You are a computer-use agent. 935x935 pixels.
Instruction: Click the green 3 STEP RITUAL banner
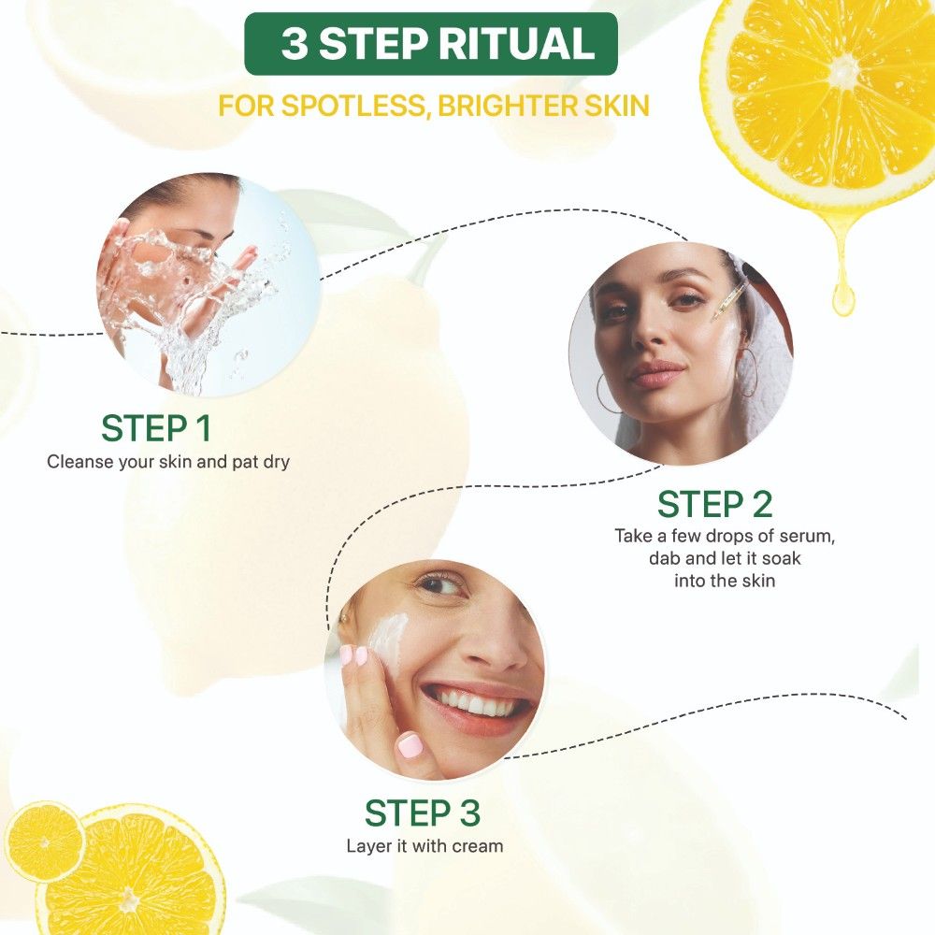[430, 44]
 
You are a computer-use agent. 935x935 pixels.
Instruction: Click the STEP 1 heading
[156, 428]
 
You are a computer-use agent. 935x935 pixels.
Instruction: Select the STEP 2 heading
[714, 505]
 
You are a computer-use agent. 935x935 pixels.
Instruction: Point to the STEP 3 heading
[423, 813]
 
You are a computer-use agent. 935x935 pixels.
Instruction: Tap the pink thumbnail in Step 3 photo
[410, 745]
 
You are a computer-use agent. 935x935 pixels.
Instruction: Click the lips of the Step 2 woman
[657, 373]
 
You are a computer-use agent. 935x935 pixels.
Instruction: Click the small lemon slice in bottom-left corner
[44, 842]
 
